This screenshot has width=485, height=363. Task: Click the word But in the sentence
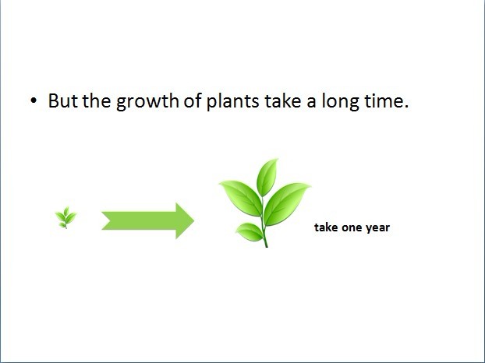[x=63, y=100]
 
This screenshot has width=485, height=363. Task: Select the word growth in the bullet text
[x=147, y=102]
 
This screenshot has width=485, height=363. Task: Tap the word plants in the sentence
[x=233, y=102]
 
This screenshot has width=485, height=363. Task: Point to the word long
[x=341, y=102]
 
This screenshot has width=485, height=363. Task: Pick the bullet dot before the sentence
[x=34, y=100]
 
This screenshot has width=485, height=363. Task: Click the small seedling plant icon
[x=65, y=217]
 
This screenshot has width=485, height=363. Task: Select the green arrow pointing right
[x=148, y=220]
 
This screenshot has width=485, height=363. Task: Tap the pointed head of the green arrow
[x=194, y=220]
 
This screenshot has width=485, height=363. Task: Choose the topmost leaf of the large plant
[x=267, y=178]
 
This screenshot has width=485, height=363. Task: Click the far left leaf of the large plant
[x=242, y=198]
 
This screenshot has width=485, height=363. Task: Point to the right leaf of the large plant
[x=286, y=203]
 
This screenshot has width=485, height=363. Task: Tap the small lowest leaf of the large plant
[x=250, y=231]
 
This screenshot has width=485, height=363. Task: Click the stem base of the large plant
[x=266, y=246]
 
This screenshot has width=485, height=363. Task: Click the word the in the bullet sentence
[x=97, y=100]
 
